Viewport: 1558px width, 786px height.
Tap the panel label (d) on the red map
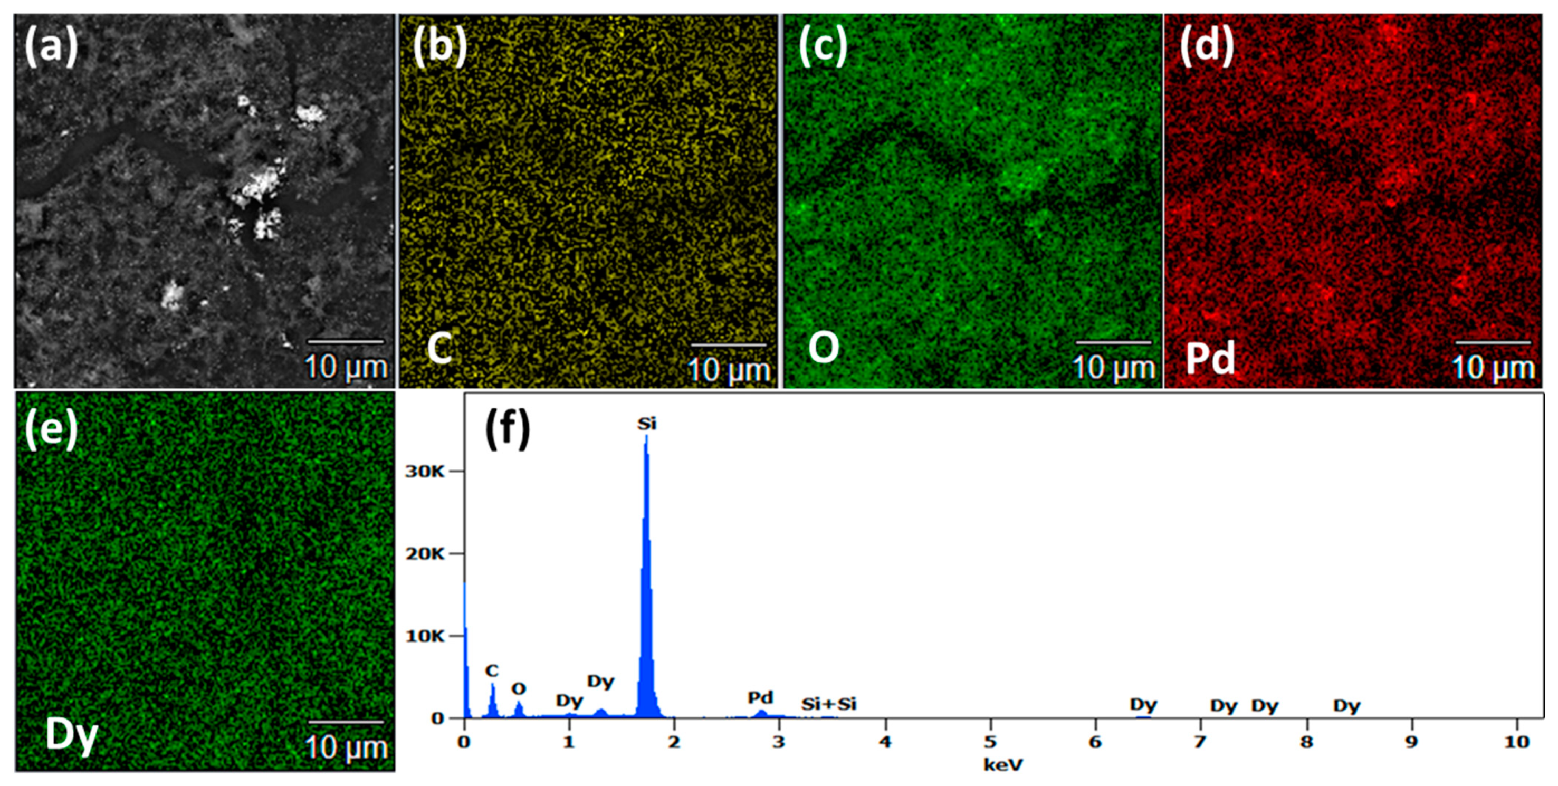pyautogui.click(x=1207, y=46)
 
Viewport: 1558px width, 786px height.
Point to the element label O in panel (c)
pyautogui.click(x=824, y=348)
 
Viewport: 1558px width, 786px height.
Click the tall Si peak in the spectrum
pyautogui.click(x=646, y=544)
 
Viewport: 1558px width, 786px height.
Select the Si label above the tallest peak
pyautogui.click(x=646, y=424)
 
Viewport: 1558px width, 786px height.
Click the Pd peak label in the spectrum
pyautogui.click(x=760, y=698)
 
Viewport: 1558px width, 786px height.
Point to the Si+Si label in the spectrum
pyautogui.click(x=829, y=704)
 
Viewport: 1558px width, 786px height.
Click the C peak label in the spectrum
pyautogui.click(x=492, y=671)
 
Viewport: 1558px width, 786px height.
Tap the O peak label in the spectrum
pyautogui.click(x=518, y=688)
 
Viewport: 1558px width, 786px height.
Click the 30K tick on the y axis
pyautogui.click(x=425, y=472)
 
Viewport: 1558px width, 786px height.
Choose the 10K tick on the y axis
pyautogui.click(x=425, y=636)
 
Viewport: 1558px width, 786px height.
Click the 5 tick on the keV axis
pyautogui.click(x=990, y=741)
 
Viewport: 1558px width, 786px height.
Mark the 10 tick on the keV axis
pyautogui.click(x=1516, y=741)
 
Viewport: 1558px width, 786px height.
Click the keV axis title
pyautogui.click(x=1003, y=765)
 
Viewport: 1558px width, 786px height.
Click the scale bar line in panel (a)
pyautogui.click(x=346, y=342)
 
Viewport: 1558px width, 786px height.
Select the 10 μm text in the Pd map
pyautogui.click(x=1493, y=368)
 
